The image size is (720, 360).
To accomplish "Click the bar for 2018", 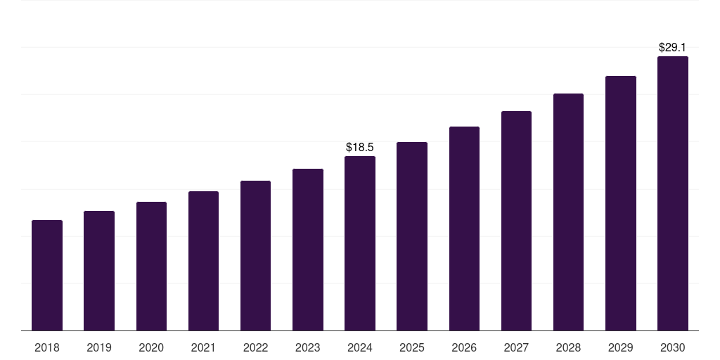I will pyautogui.click(x=47, y=276).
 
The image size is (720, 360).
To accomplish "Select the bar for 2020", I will pyautogui.click(x=151, y=266).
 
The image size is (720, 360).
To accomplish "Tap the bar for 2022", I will pyautogui.click(x=255, y=256).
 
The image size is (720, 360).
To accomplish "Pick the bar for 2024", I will pyautogui.click(x=360, y=243).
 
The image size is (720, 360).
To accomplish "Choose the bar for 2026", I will pyautogui.click(x=464, y=229).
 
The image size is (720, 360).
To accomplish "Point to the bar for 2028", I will pyautogui.click(x=568, y=212).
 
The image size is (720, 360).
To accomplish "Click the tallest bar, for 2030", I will pyautogui.click(x=672, y=193).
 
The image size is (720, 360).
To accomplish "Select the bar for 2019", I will pyautogui.click(x=99, y=271).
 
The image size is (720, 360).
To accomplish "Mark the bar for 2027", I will pyautogui.click(x=516, y=221).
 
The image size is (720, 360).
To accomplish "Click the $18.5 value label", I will pyautogui.click(x=360, y=147).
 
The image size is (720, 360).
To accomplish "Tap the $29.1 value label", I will pyautogui.click(x=672, y=47).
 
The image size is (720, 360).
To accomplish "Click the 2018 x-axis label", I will pyautogui.click(x=47, y=347).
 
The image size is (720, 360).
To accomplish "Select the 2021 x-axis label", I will pyautogui.click(x=203, y=347).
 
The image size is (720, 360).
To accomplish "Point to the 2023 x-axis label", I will pyautogui.click(x=307, y=347).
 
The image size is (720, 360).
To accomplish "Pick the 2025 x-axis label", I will pyautogui.click(x=412, y=347).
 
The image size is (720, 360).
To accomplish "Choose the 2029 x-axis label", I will pyautogui.click(x=620, y=347).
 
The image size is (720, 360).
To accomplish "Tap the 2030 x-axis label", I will pyautogui.click(x=672, y=347).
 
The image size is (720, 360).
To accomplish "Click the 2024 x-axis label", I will pyautogui.click(x=360, y=347).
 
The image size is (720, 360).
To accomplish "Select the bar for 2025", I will pyautogui.click(x=412, y=236).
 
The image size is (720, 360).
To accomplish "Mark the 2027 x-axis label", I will pyautogui.click(x=516, y=347).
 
